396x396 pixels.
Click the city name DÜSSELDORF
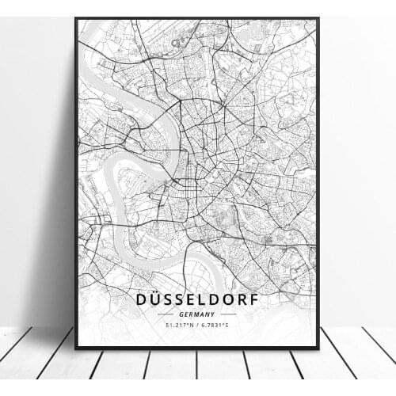coord(197,299)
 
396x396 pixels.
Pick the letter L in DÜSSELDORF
coord(201,299)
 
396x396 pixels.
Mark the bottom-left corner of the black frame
coord(76,348)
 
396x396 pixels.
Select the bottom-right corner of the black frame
coord(318,348)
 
